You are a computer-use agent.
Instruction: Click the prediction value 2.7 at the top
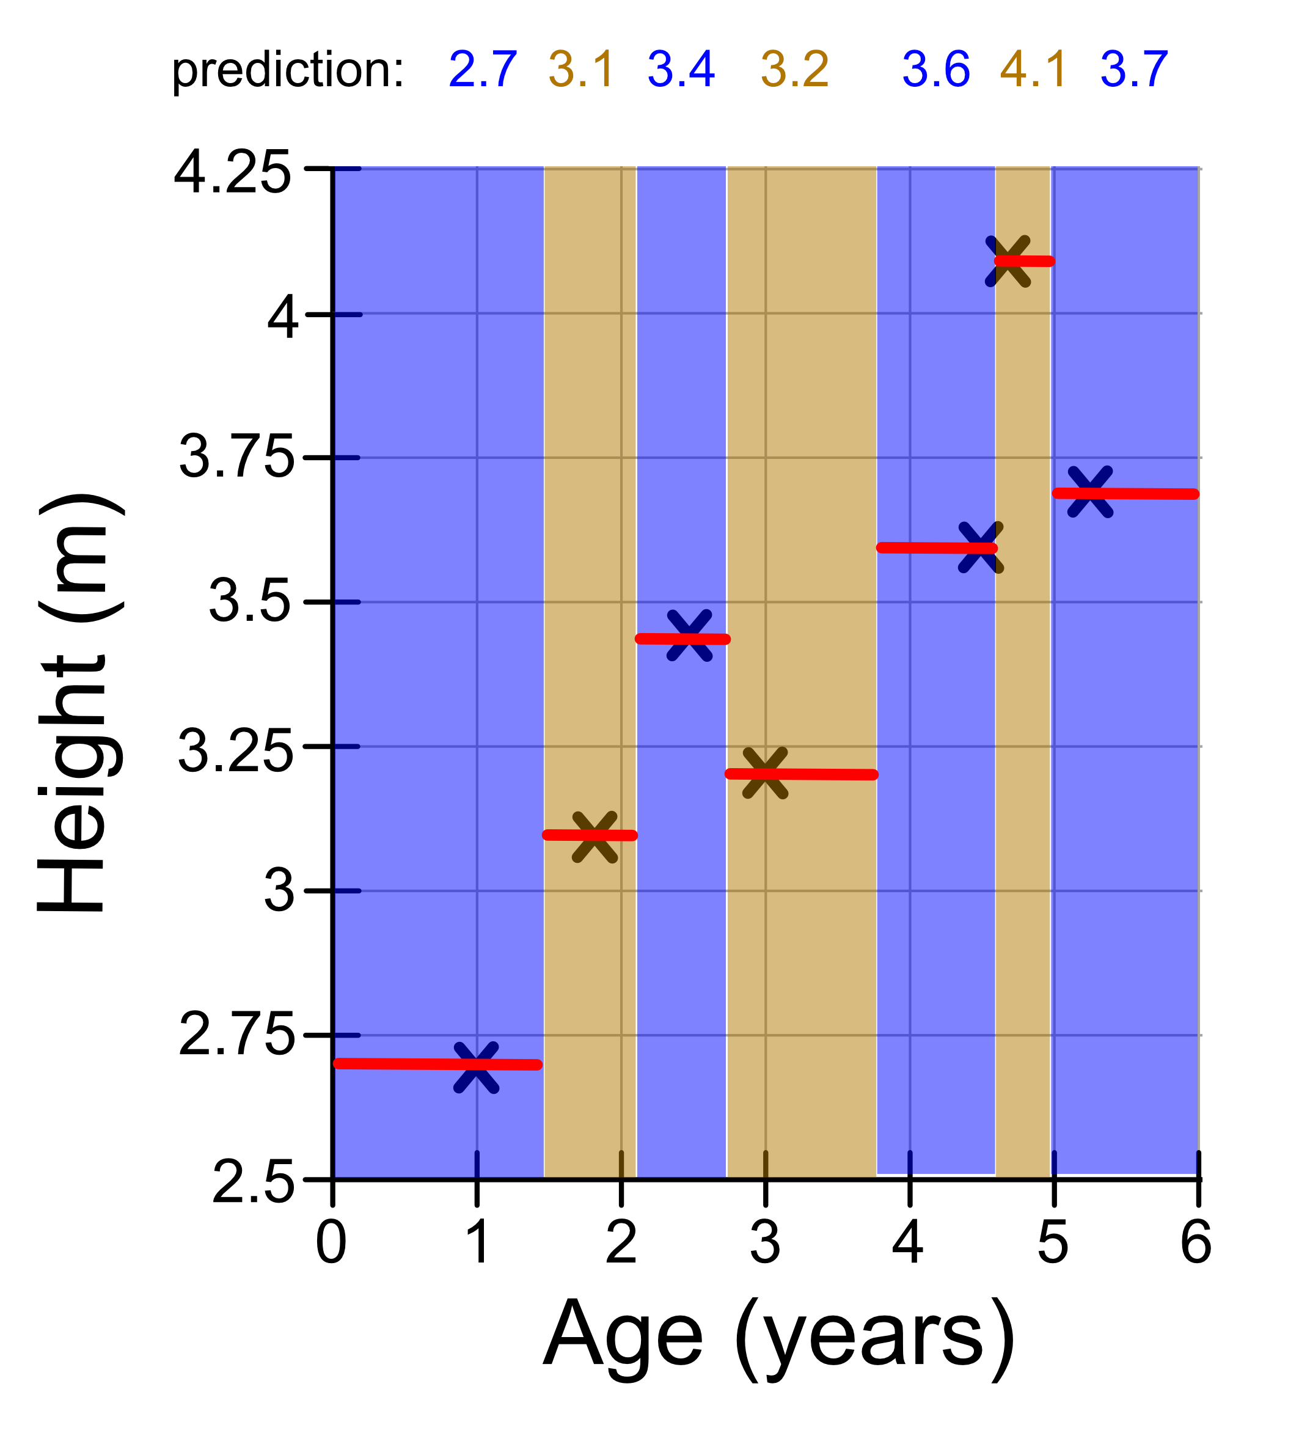coord(483,70)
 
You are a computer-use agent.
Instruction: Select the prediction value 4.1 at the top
coord(1033,70)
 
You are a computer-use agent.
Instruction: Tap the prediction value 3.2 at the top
coord(794,70)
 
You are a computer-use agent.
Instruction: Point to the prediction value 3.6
coord(935,70)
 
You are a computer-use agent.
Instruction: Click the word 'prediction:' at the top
coord(288,70)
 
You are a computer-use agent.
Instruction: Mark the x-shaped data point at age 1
coord(476,1067)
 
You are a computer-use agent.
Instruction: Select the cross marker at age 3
coord(765,773)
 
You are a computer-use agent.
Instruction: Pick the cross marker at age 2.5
coord(689,636)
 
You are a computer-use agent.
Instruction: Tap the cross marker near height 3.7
coord(1090,492)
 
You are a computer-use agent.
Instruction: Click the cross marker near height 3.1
coord(595,837)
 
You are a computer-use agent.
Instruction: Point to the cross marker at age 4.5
coord(980,548)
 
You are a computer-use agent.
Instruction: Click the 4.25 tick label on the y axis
coord(233,174)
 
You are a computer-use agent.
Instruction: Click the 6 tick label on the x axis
coord(1197,1242)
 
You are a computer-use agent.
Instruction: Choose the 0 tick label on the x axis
coord(331,1242)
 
